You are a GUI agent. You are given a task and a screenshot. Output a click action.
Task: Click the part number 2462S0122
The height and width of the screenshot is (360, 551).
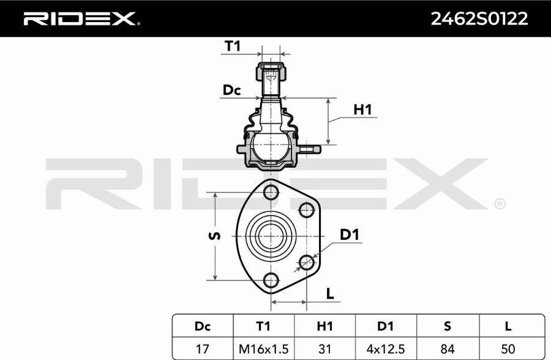click(x=479, y=19)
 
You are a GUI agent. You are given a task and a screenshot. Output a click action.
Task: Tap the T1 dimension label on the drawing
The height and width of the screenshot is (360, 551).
click(x=233, y=46)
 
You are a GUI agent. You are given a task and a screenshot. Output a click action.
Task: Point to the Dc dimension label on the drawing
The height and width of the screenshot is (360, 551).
click(x=231, y=91)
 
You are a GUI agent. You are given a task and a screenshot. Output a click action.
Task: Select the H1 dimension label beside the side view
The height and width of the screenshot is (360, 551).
click(x=362, y=110)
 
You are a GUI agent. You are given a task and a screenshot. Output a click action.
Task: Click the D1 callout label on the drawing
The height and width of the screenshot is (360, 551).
click(x=349, y=234)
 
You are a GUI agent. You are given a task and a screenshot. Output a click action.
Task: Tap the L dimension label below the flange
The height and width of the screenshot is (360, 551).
click(x=330, y=293)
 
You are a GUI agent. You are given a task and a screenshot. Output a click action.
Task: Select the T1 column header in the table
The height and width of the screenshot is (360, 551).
click(x=263, y=326)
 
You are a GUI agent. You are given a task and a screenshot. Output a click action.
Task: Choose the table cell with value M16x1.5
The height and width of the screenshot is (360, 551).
click(x=263, y=348)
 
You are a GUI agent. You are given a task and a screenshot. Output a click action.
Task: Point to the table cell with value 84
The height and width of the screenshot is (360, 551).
click(x=447, y=348)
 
